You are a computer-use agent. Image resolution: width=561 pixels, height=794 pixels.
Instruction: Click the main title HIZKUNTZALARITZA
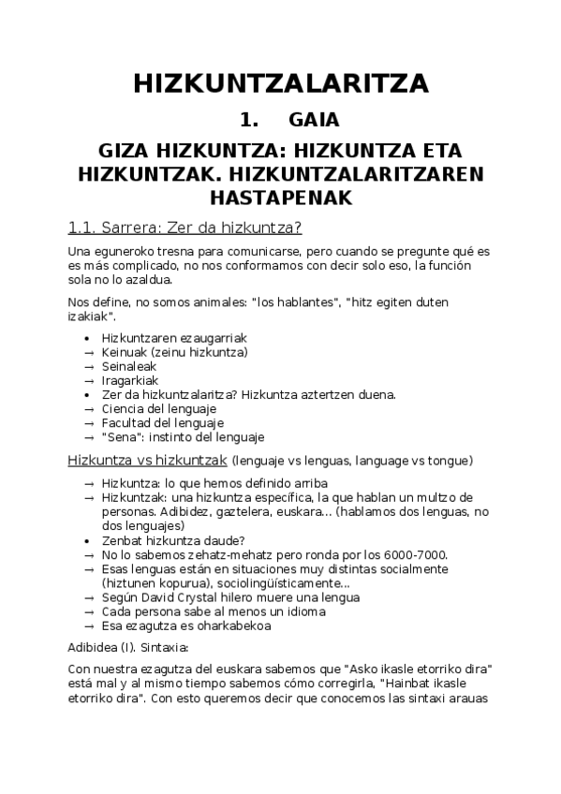(x=280, y=83)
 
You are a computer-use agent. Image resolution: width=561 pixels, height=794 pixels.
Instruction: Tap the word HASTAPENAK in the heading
(x=280, y=198)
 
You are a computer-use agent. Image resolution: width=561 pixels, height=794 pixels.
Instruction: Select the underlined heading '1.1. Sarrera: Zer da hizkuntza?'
(x=185, y=228)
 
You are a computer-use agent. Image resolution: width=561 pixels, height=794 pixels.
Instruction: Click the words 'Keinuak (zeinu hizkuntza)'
(x=174, y=352)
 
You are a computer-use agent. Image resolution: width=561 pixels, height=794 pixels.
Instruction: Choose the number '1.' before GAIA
(x=248, y=120)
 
